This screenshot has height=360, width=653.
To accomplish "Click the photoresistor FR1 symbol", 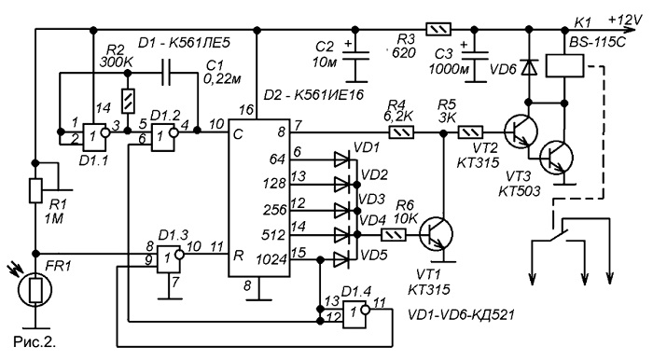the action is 35,290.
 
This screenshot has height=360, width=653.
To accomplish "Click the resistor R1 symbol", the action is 35,190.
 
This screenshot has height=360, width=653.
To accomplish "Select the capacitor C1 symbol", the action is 166,73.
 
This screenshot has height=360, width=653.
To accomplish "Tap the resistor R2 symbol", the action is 129,101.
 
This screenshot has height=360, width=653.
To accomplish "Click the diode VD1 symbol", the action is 341,159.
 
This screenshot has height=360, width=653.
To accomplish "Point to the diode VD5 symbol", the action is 341,261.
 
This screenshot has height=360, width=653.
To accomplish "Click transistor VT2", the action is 521,132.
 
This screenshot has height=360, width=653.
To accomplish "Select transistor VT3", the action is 556,159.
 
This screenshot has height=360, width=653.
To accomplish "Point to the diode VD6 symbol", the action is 529,66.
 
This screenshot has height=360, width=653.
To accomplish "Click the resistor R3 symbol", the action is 438,30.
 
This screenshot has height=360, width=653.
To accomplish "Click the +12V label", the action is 625,20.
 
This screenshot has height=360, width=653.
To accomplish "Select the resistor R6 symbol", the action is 394,235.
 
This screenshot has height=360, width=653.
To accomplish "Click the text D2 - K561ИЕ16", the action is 313,95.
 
